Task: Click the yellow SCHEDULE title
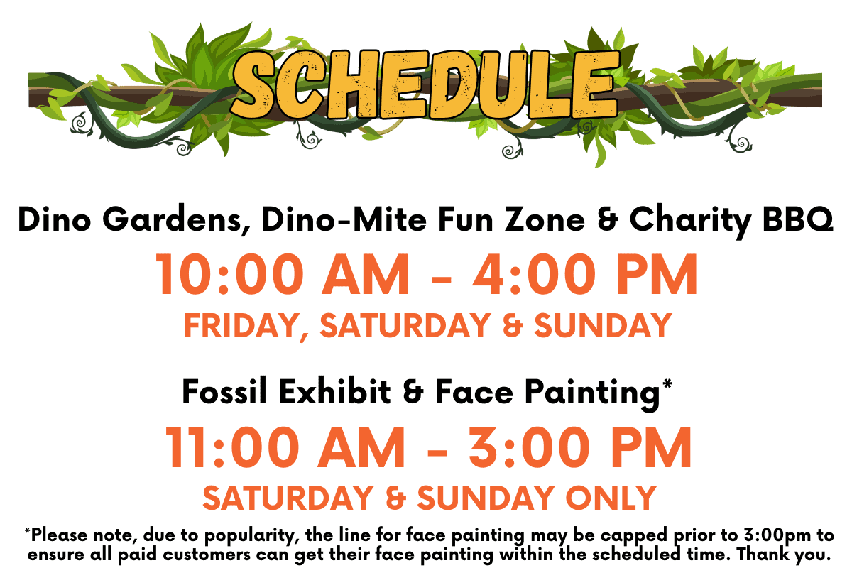tap(425, 84)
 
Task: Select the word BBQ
tap(797, 219)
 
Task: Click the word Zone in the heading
tap(545, 219)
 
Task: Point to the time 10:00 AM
tap(283, 274)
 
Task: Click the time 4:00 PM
tap(585, 274)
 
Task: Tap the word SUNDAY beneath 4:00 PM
tap(603, 326)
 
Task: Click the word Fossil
tap(224, 392)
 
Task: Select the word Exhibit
tap(335, 392)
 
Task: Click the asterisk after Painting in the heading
tap(667, 383)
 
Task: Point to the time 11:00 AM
tap(285, 447)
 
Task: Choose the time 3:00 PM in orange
tap(580, 447)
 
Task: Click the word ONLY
tap(611, 498)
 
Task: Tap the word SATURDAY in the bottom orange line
tap(288, 498)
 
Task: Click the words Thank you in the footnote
tap(784, 555)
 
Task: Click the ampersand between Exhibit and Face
tap(413, 392)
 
